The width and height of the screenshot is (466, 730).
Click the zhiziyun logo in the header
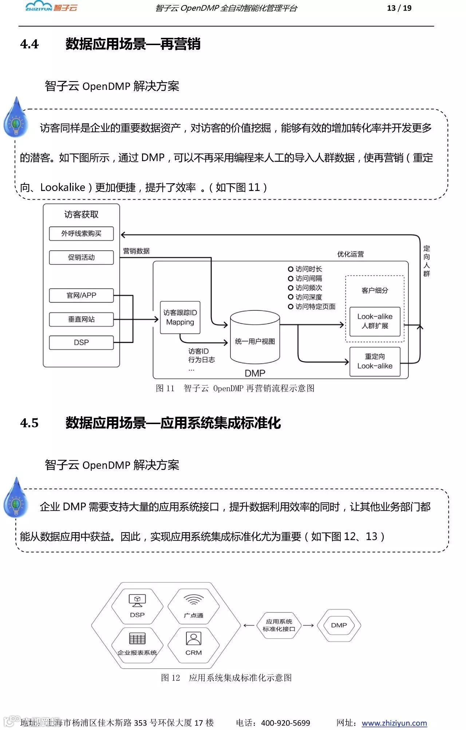[51, 7]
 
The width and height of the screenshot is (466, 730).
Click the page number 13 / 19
[399, 8]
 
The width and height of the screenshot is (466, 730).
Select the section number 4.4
[29, 44]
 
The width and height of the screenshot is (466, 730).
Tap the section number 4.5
[29, 423]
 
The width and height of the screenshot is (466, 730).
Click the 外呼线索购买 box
[81, 234]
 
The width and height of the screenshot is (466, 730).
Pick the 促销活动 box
[81, 258]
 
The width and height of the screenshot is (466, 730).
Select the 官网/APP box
[81, 295]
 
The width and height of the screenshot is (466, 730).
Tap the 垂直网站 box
[81, 319]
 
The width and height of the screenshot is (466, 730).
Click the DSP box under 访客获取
[81, 343]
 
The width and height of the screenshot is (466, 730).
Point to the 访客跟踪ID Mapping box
[180, 318]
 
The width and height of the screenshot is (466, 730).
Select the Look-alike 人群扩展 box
[375, 321]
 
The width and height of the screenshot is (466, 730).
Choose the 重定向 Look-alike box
[375, 361]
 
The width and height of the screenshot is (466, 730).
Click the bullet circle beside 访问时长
[291, 269]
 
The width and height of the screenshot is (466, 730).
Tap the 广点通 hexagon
[193, 606]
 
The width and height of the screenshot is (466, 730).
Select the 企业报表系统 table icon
[137, 639]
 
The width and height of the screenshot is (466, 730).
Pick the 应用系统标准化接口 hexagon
[279, 625]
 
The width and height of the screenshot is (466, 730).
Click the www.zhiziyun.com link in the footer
[394, 723]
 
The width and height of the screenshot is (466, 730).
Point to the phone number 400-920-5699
[285, 723]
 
